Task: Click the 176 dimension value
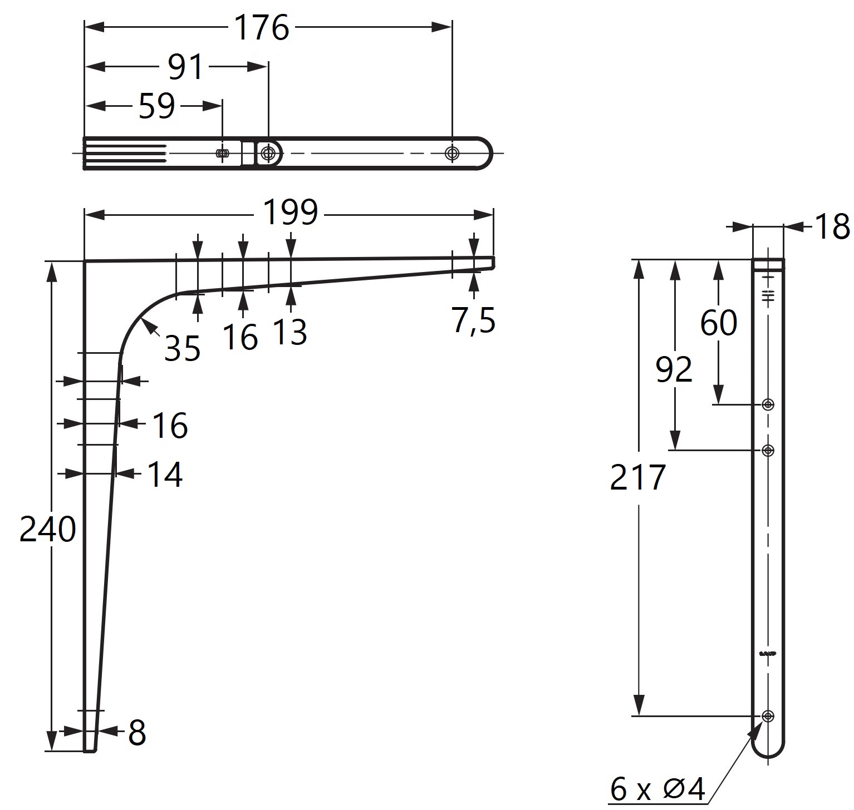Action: (x=262, y=28)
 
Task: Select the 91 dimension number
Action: (x=186, y=67)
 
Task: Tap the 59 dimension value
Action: (x=157, y=106)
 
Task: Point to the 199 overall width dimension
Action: (x=290, y=213)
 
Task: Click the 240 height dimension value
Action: (x=47, y=529)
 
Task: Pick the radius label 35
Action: (x=182, y=349)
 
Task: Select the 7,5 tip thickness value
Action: (x=473, y=321)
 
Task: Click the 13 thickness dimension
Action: (x=290, y=332)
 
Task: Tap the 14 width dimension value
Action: (x=165, y=475)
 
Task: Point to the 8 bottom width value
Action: (x=137, y=733)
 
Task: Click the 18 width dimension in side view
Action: (x=832, y=227)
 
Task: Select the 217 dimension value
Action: (x=637, y=477)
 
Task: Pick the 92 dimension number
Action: (x=674, y=370)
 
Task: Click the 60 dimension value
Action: (x=718, y=323)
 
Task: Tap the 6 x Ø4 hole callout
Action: (x=657, y=789)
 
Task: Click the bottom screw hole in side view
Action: (x=768, y=716)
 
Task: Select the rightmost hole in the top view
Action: (x=451, y=153)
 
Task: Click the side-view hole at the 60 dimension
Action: (x=768, y=404)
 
